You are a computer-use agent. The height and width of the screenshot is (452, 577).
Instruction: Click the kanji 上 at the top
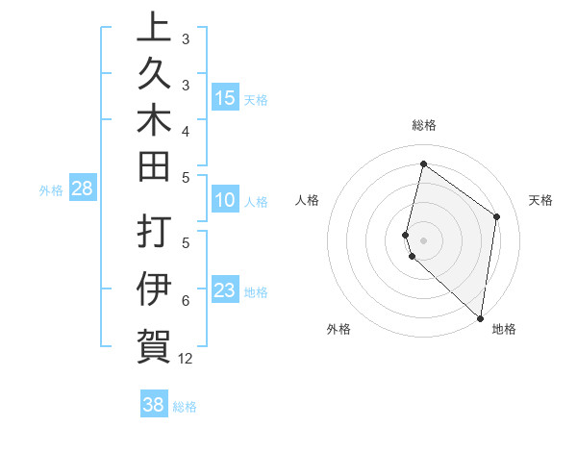[153, 28]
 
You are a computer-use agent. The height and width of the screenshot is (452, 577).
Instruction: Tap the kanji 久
[153, 75]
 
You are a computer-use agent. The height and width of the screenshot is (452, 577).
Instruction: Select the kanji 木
[153, 122]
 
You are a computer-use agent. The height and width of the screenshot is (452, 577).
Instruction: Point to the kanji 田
[153, 168]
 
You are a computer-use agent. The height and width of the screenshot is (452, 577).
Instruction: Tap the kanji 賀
[153, 343]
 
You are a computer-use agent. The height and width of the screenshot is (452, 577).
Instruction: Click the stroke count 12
[186, 359]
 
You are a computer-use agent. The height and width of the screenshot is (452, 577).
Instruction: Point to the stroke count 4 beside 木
[186, 130]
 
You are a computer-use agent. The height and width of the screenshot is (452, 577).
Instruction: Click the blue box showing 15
[225, 98]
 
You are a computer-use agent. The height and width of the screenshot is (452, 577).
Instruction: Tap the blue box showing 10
[225, 200]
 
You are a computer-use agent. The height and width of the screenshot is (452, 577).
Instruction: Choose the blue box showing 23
[225, 291]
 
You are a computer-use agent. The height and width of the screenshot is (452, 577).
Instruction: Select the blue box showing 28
[82, 188]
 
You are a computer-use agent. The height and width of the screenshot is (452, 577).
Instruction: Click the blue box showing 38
[154, 405]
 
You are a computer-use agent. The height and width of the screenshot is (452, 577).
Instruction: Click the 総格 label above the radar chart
[423, 125]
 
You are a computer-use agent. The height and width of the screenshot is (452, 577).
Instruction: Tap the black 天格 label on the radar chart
[540, 200]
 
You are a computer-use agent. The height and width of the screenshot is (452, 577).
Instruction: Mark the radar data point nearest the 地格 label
[480, 318]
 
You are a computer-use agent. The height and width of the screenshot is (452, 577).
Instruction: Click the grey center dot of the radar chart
[423, 239]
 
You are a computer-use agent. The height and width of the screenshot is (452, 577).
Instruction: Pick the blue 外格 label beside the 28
[51, 190]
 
